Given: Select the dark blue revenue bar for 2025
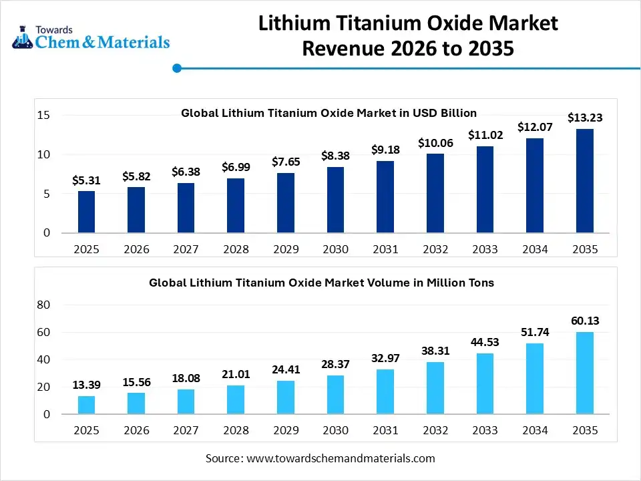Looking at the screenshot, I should pyautogui.click(x=86, y=212).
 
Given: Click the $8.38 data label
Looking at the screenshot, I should pyautogui.click(x=335, y=156).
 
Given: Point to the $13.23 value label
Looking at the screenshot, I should pyautogui.click(x=585, y=118).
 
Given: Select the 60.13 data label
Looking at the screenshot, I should pyautogui.click(x=585, y=321).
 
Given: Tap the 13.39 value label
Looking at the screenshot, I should pyautogui.click(x=86, y=385).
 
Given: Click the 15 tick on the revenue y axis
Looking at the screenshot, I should pyautogui.click(x=43, y=115).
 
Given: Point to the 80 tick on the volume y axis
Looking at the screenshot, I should pyautogui.click(x=43, y=305).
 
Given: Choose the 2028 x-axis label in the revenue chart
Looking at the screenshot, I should pyautogui.click(x=236, y=249).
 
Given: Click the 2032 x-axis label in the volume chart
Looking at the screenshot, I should pyautogui.click(x=435, y=430).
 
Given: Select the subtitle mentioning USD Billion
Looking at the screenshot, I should pyautogui.click(x=329, y=113).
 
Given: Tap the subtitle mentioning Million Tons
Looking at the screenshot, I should pyautogui.click(x=321, y=283).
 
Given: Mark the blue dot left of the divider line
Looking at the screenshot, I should pyautogui.click(x=177, y=67).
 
